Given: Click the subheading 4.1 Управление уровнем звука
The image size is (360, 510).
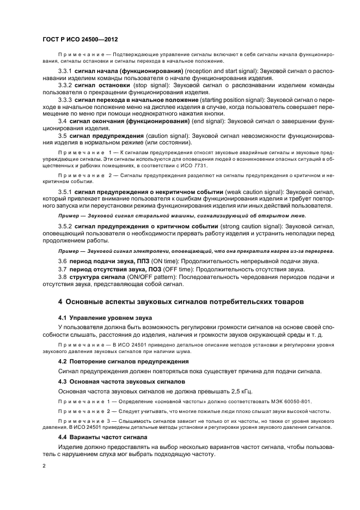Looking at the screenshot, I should coord(105,317).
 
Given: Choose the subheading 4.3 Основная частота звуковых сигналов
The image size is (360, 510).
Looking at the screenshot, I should coord(121,381).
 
